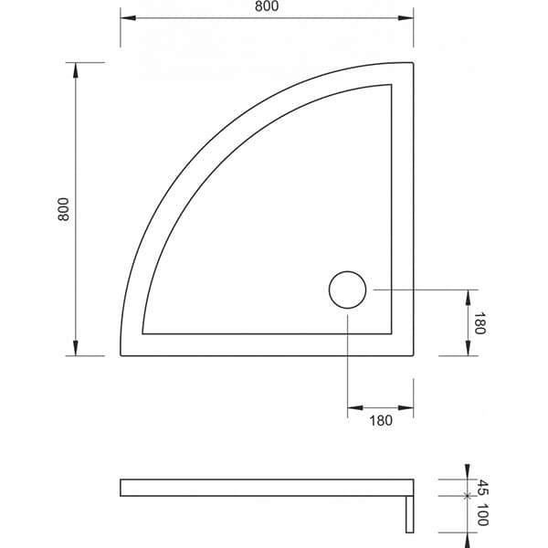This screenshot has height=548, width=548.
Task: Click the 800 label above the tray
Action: (267, 7)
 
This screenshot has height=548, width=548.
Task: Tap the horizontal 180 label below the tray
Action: (381, 421)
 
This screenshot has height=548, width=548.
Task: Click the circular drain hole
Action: (347, 290)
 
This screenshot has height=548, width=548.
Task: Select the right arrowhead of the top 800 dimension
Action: (406, 19)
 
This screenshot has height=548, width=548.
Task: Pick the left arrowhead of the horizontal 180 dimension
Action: (354, 407)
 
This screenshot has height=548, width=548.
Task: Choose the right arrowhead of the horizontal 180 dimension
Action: (406, 407)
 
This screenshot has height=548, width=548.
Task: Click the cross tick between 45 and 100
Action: (467, 496)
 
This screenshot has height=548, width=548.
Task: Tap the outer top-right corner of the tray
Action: (413, 63)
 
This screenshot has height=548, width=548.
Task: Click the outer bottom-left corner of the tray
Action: (121, 354)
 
